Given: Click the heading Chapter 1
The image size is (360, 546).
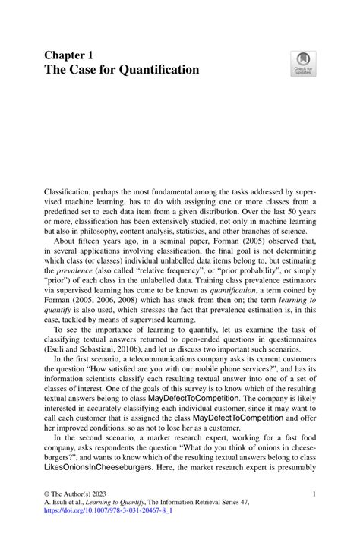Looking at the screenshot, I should point(69,55).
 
